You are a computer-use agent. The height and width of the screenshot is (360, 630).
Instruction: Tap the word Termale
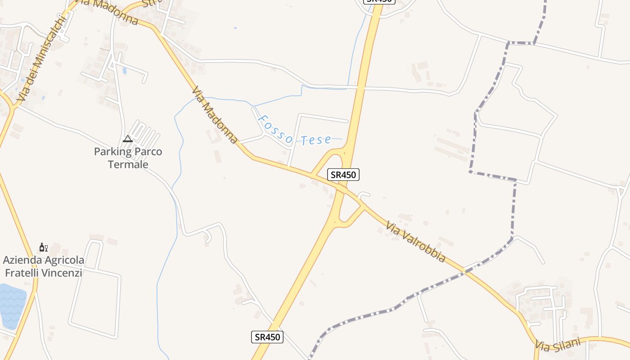[128, 164]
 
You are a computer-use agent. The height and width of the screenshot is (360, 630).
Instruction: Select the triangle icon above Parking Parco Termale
[128, 139]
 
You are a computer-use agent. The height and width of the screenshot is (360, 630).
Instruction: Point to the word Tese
[316, 140]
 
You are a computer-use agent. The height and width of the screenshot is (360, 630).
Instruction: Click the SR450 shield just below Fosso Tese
[343, 175]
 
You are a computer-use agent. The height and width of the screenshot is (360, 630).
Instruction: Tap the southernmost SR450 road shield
[267, 337]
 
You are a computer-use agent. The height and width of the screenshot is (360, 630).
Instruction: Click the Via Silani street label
[558, 345]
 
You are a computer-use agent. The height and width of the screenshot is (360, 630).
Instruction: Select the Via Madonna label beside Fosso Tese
[214, 115]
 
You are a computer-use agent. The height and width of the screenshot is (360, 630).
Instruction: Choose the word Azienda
[21, 260]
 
